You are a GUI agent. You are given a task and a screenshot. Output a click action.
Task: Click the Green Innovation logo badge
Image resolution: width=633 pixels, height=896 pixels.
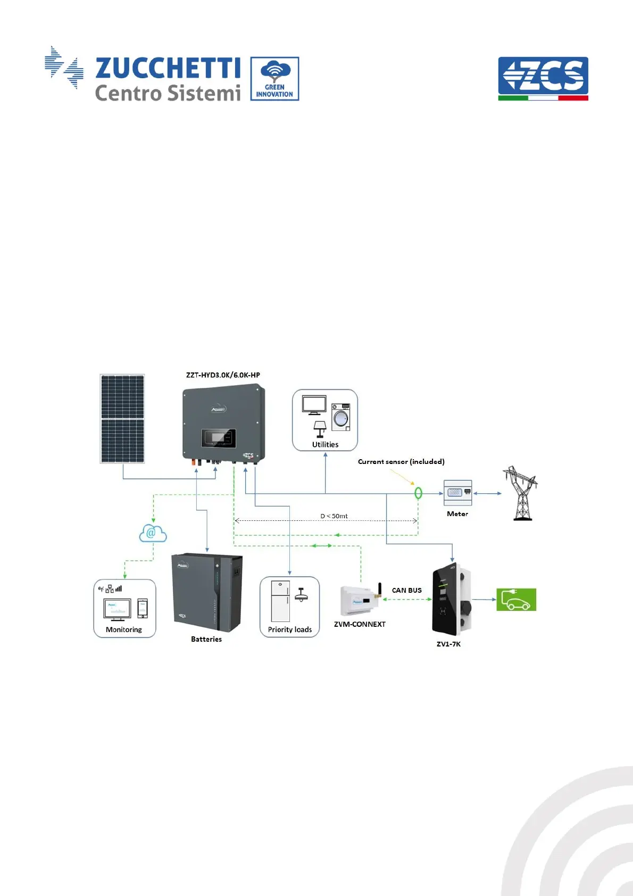pyautogui.click(x=274, y=79)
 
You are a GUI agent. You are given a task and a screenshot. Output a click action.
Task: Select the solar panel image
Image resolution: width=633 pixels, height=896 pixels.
pyautogui.click(x=122, y=419)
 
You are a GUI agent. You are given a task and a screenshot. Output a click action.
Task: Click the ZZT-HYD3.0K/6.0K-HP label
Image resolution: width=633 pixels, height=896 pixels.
pyautogui.click(x=223, y=375)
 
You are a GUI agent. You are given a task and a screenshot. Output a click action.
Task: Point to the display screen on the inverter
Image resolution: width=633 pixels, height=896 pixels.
pyautogui.click(x=218, y=438)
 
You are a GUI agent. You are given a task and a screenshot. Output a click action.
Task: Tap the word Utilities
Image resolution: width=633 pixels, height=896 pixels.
pyautogui.click(x=325, y=445)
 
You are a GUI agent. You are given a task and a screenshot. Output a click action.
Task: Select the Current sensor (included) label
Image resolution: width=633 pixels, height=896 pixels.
pyautogui.click(x=401, y=462)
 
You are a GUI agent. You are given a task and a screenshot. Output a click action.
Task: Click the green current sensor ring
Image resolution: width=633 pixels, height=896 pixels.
pyautogui.click(x=418, y=493)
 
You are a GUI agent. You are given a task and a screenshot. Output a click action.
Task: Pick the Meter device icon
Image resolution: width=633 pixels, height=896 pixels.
pyautogui.click(x=457, y=493)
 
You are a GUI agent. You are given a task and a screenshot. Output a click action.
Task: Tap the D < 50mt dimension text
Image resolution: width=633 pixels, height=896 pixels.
pyautogui.click(x=334, y=516)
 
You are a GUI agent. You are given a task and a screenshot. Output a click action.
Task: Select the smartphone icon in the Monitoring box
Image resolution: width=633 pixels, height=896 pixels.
pyautogui.click(x=143, y=608)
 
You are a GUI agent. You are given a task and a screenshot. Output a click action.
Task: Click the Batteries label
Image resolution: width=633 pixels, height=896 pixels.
pyautogui.click(x=206, y=640)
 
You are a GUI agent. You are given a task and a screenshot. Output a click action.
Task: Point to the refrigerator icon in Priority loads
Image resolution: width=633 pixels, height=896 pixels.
pyautogui.click(x=280, y=601)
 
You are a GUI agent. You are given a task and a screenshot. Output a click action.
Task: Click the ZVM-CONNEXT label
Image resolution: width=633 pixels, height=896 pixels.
pyautogui.click(x=360, y=625)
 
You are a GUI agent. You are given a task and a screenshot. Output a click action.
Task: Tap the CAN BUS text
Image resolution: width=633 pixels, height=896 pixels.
pyautogui.click(x=407, y=591)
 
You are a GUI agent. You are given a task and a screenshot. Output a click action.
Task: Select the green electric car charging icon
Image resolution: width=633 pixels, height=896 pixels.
pyautogui.click(x=516, y=600)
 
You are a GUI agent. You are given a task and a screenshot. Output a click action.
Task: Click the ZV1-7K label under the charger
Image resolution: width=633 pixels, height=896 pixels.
pyautogui.click(x=448, y=644)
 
